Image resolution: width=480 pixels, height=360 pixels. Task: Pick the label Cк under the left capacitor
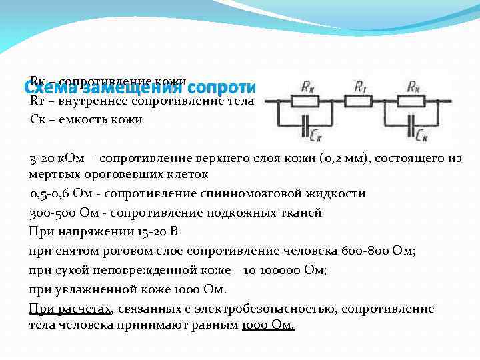pos(317,135)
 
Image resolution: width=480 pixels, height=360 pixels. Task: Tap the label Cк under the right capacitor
pos(421,135)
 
